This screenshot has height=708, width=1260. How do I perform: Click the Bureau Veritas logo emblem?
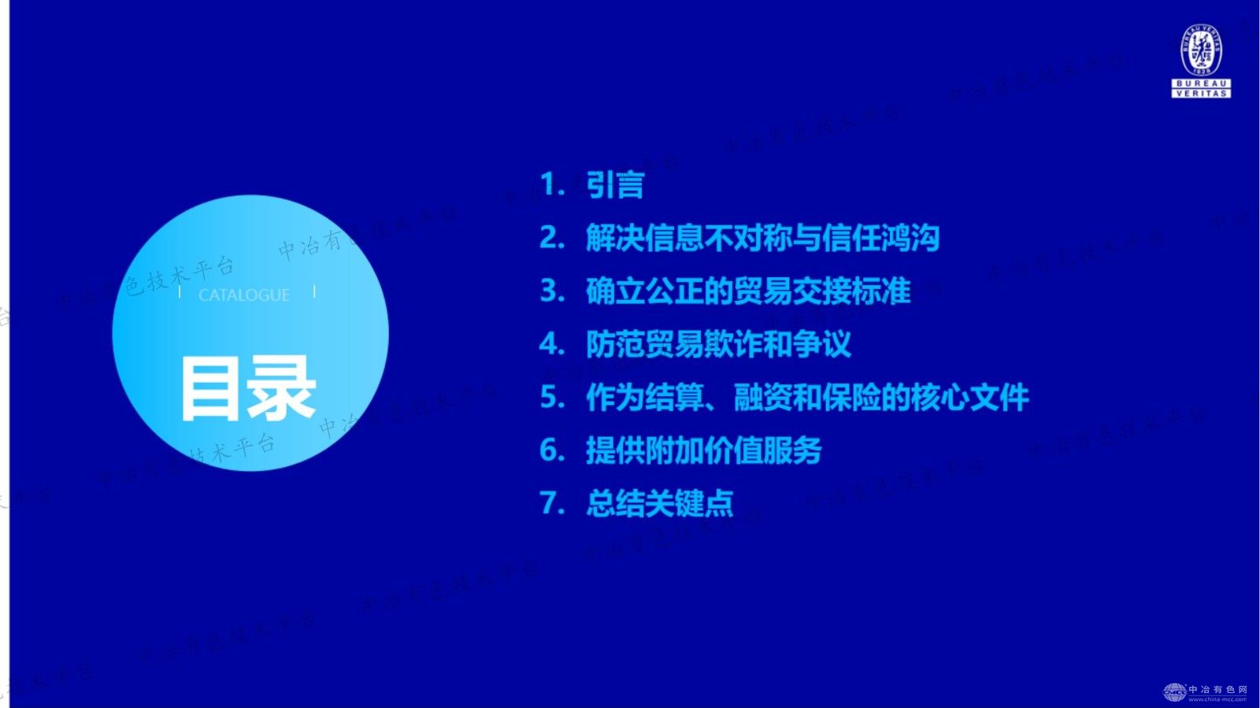click(1201, 50)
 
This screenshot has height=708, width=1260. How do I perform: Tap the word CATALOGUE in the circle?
click(244, 295)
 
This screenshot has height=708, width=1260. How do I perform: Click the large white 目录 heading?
click(248, 388)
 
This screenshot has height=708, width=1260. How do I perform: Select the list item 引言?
click(615, 185)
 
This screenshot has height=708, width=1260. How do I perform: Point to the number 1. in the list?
click(552, 185)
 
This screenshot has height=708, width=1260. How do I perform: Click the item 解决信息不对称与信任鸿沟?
click(762, 238)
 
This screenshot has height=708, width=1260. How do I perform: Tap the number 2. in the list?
click(552, 238)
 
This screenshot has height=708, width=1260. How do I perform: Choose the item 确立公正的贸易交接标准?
click(748, 291)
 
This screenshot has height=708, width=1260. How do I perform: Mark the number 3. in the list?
click(552, 291)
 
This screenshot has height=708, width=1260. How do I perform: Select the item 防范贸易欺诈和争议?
click(718, 344)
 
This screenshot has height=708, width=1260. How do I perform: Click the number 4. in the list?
click(552, 344)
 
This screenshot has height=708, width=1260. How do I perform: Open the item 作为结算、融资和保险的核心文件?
click(807, 398)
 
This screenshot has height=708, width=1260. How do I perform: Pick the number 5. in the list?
click(552, 398)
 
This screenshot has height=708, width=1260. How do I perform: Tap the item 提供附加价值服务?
click(703, 450)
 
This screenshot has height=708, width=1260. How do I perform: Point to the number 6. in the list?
click(552, 450)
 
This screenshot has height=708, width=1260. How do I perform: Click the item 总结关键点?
click(659, 503)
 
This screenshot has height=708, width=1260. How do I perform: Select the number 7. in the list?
click(552, 503)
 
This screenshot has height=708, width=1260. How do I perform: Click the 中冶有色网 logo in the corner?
click(1206, 691)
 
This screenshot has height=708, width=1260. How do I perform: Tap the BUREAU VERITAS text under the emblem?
click(1201, 88)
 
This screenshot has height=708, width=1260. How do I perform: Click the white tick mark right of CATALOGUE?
click(314, 291)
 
